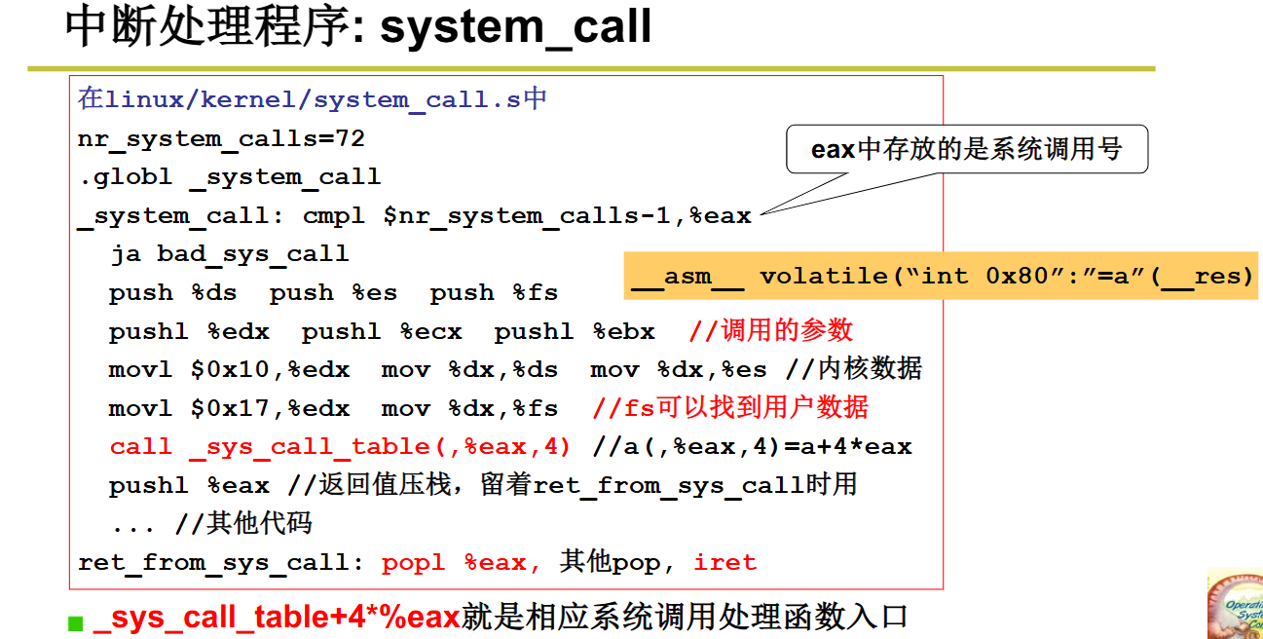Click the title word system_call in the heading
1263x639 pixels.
515,27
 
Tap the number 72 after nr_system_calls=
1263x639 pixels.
350,138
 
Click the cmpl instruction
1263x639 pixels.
334,215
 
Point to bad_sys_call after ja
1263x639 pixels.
252,254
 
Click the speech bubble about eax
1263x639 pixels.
966,149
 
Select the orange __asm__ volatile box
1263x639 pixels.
942,276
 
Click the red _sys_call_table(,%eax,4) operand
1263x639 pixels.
380,447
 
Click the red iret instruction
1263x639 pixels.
724,562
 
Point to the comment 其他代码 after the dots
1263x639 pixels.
259,524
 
